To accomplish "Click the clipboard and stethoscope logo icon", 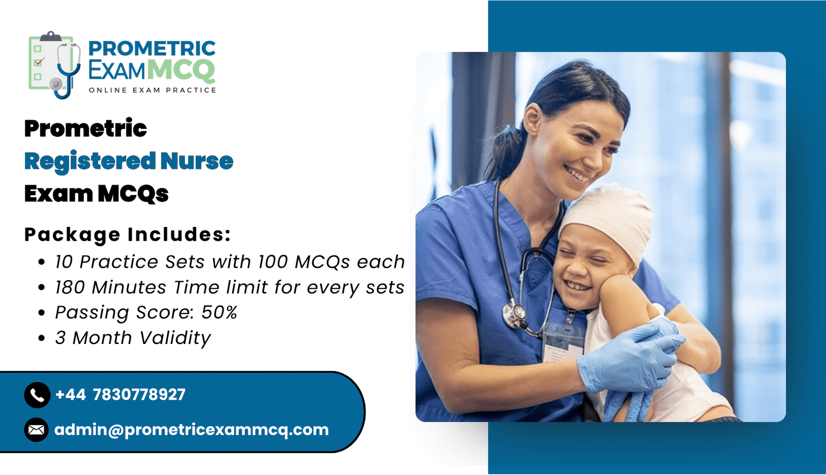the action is click(x=55, y=65).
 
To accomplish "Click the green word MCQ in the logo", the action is click(x=183, y=70).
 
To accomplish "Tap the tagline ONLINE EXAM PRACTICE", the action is click(x=152, y=90).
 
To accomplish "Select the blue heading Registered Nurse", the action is click(x=129, y=161).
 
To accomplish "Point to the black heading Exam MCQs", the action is click(x=96, y=193).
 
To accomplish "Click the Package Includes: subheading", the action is click(x=128, y=234).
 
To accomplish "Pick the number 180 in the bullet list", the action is click(x=70, y=287).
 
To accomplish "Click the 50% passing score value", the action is click(x=219, y=312).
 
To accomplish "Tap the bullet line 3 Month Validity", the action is click(x=133, y=338).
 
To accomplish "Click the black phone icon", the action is click(x=37, y=395).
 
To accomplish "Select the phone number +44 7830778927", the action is click(x=120, y=395).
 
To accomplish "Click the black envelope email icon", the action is click(x=37, y=430).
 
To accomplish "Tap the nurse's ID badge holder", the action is click(x=563, y=341).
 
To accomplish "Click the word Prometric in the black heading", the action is click(x=86, y=128).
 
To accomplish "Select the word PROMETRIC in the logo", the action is click(x=152, y=48).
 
